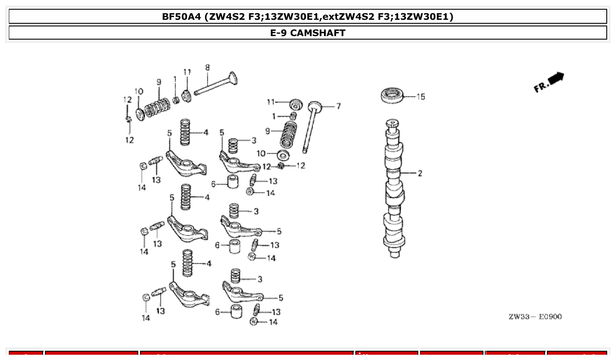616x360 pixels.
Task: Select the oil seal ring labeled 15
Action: click(x=391, y=96)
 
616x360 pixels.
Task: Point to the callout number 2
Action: click(x=420, y=173)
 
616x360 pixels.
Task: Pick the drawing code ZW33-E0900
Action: click(x=535, y=316)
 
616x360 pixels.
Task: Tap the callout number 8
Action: click(x=207, y=68)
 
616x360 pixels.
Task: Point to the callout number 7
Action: click(x=338, y=106)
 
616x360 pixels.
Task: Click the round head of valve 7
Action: click(x=315, y=106)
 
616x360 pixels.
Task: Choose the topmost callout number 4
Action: click(x=206, y=132)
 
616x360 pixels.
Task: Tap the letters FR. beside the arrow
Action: click(x=540, y=87)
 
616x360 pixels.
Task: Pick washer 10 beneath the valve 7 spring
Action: click(x=283, y=155)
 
